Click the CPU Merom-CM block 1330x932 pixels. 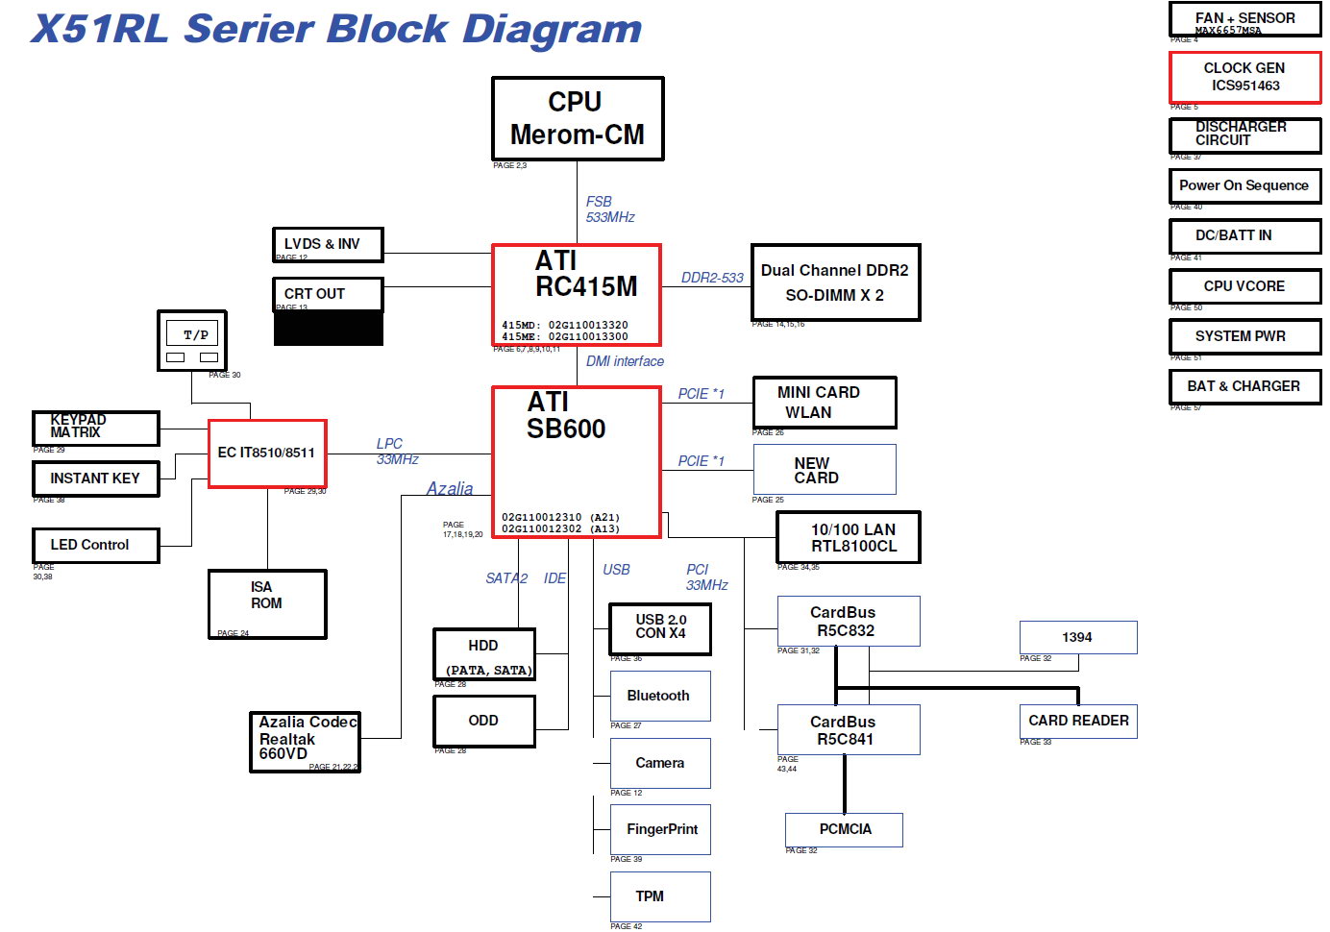[x=578, y=118]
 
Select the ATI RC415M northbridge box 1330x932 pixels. [x=577, y=294]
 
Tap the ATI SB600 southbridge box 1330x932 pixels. [x=577, y=461]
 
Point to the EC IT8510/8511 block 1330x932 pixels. [x=267, y=454]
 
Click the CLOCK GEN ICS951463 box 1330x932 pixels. [x=1244, y=77]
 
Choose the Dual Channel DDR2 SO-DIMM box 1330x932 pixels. [x=835, y=282]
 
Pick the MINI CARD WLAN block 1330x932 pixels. [x=825, y=403]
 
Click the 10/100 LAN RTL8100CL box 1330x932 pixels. [x=848, y=537]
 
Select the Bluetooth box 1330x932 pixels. [x=660, y=696]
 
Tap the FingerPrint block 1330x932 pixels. [x=660, y=829]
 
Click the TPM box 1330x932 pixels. [x=660, y=896]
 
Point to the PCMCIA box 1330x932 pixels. [x=844, y=829]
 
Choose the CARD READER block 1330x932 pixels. [x=1078, y=721]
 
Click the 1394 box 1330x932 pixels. [x=1078, y=637]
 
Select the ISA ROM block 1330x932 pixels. [x=267, y=603]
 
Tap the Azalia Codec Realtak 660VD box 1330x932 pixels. [x=305, y=741]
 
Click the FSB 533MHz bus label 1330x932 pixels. [x=609, y=209]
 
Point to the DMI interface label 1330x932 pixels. [x=625, y=361]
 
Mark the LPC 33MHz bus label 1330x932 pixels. [x=396, y=452]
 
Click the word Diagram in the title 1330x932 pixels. [x=552, y=30]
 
